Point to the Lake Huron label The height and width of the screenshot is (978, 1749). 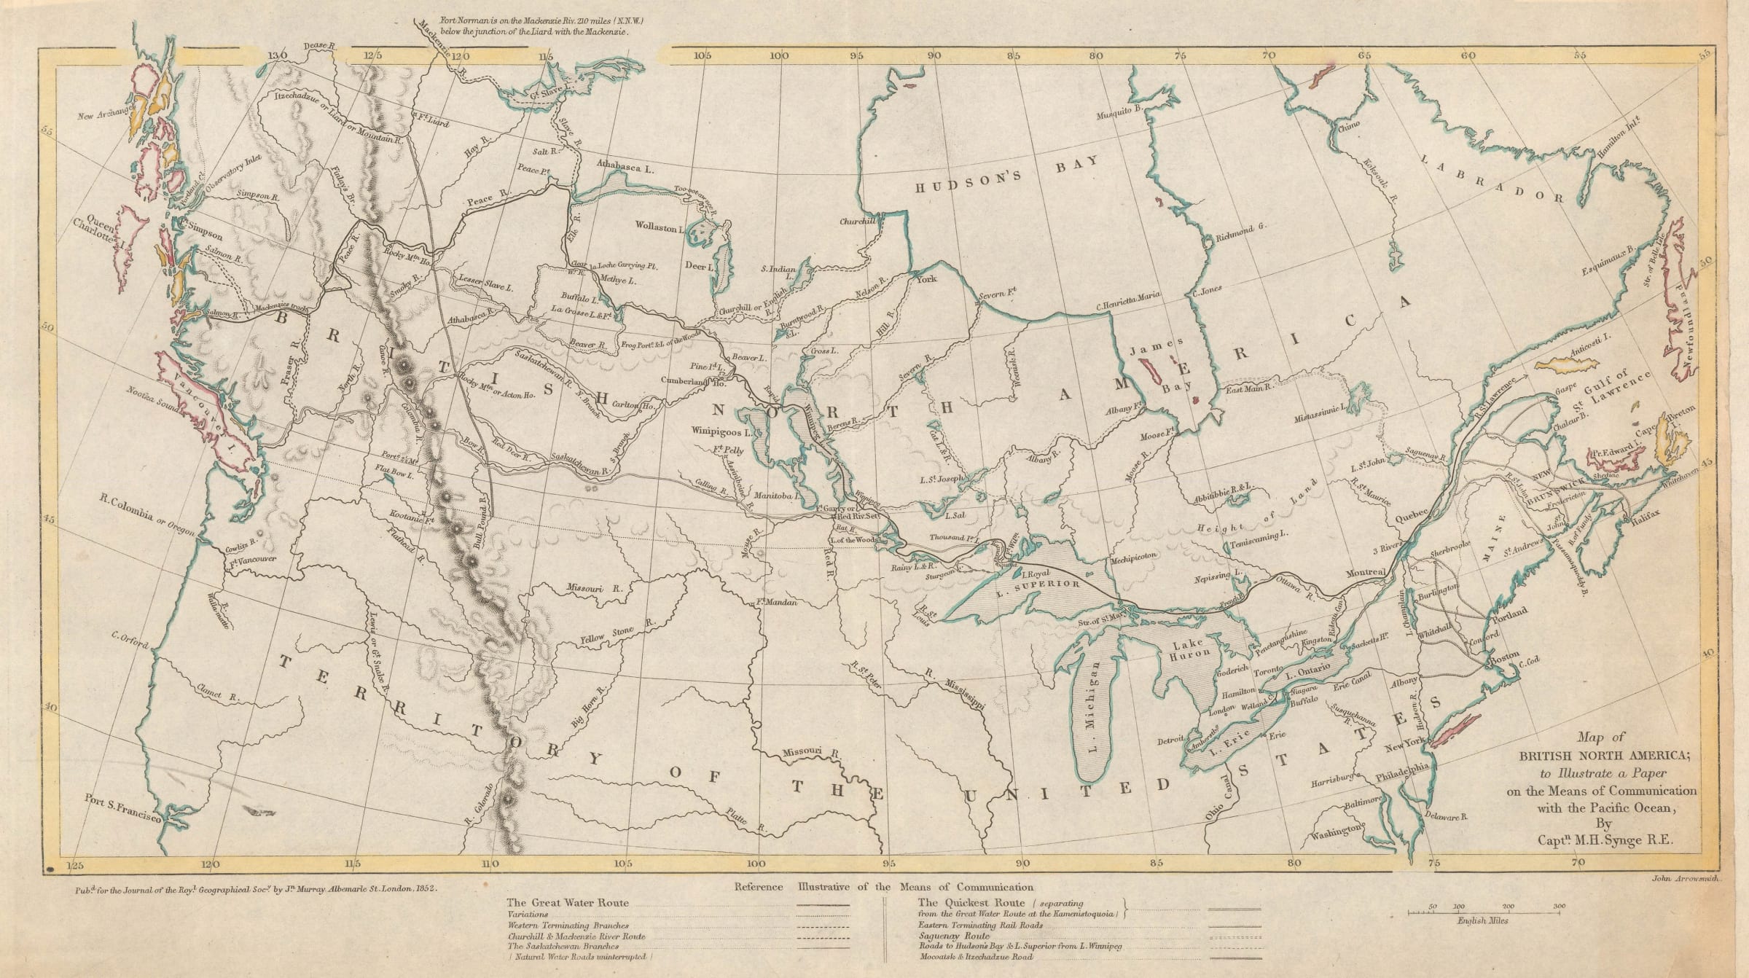[1192, 650]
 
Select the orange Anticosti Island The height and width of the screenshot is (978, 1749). [1568, 364]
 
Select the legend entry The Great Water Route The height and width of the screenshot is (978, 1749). [567, 903]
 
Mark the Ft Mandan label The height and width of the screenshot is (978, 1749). [775, 603]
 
